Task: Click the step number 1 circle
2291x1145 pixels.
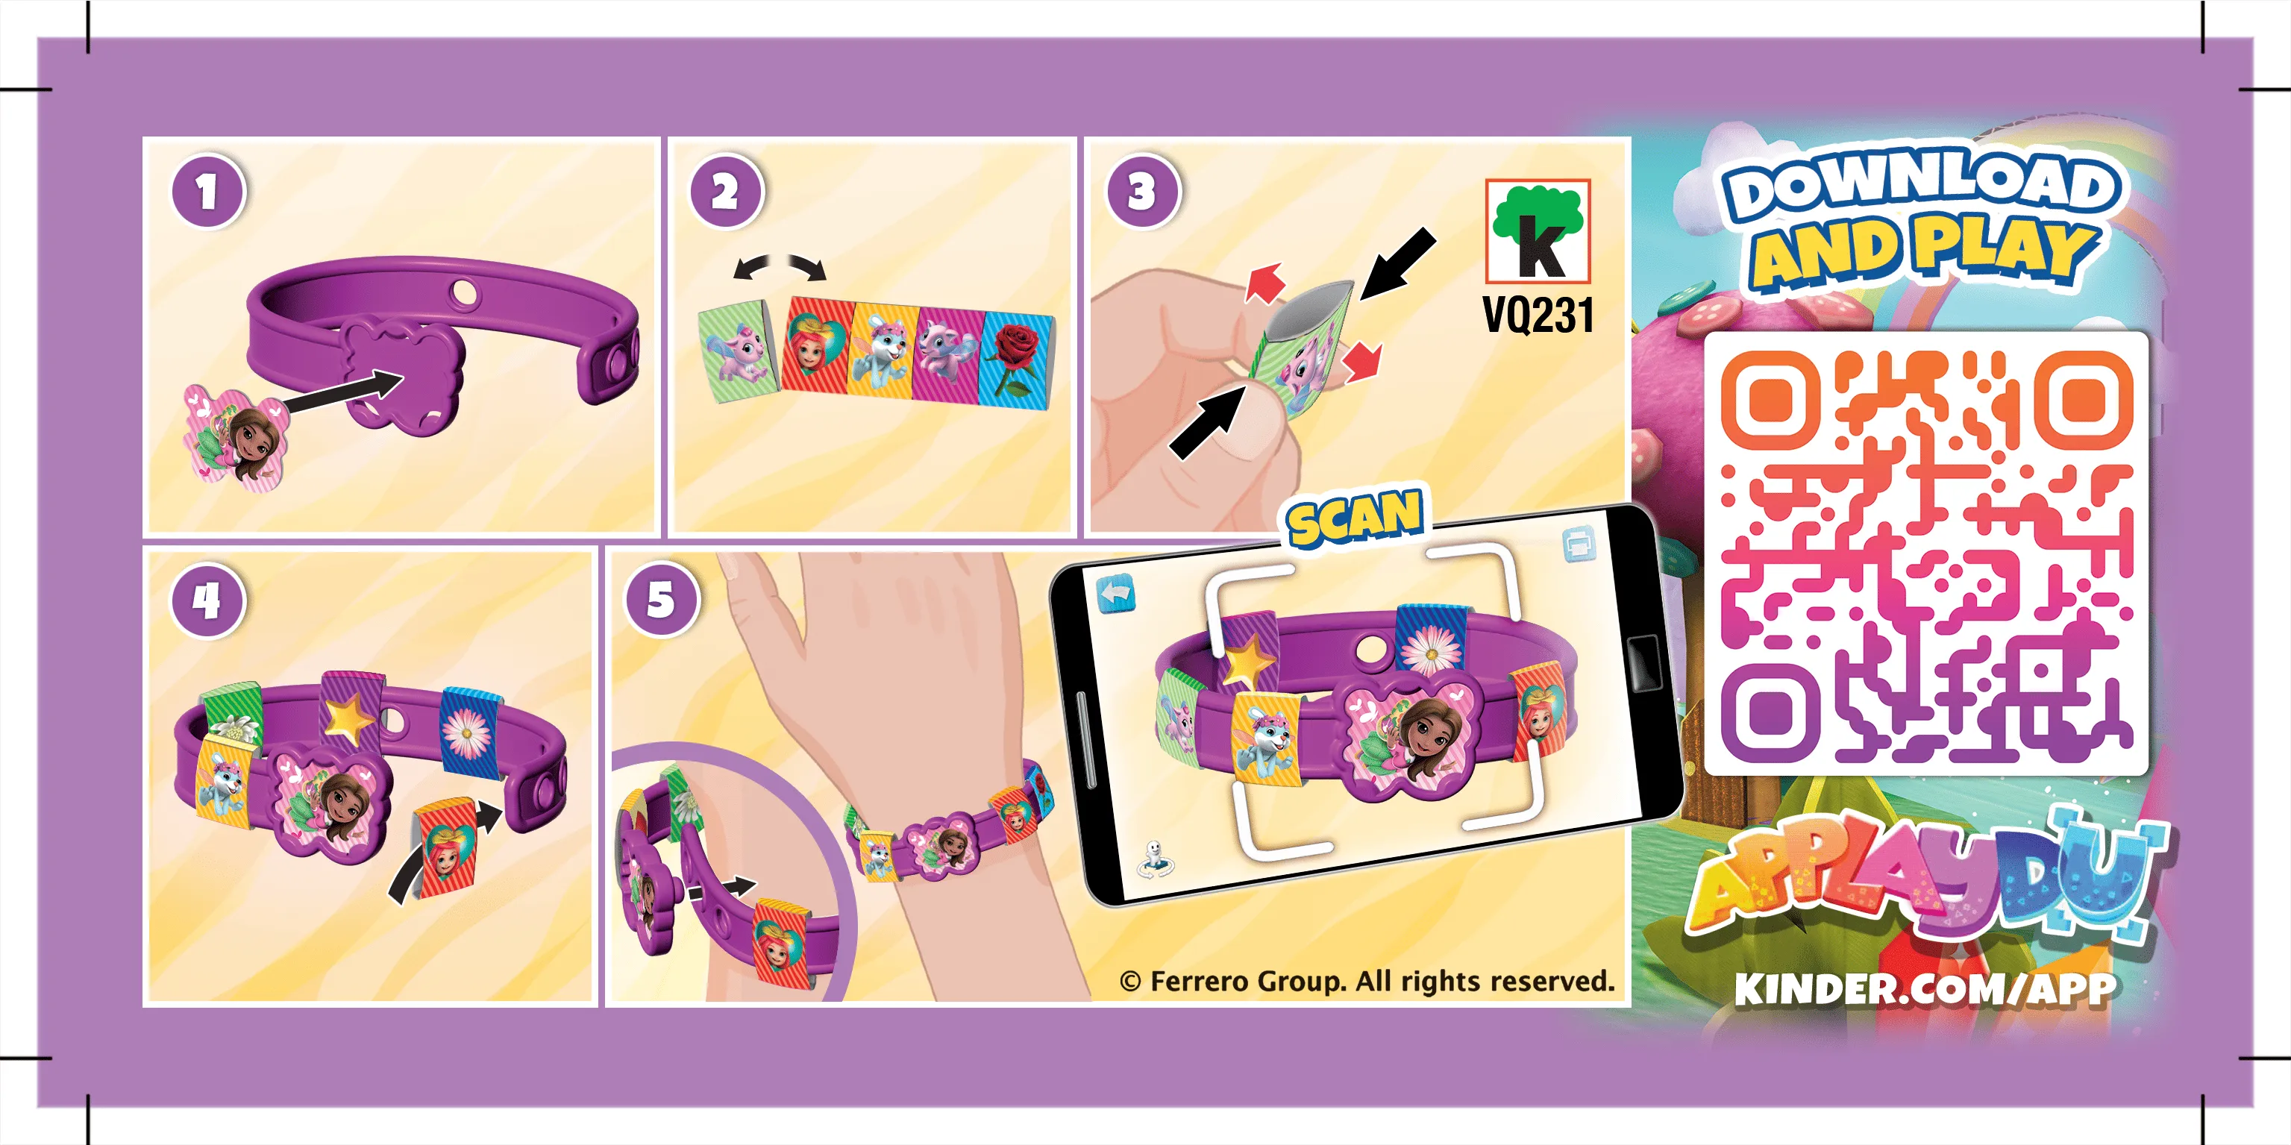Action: (207, 191)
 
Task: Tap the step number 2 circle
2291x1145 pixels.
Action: (726, 191)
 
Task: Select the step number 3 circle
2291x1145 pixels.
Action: (1142, 191)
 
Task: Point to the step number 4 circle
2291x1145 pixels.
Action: (207, 600)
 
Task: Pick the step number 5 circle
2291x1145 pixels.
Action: (662, 600)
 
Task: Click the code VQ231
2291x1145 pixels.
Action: (1538, 315)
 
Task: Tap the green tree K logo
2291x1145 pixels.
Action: (1538, 230)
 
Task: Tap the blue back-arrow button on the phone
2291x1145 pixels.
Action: (1115, 594)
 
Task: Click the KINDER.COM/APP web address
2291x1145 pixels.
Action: (1925, 988)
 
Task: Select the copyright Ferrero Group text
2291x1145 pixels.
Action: (1367, 981)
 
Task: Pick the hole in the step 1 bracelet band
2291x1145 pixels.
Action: (464, 292)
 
